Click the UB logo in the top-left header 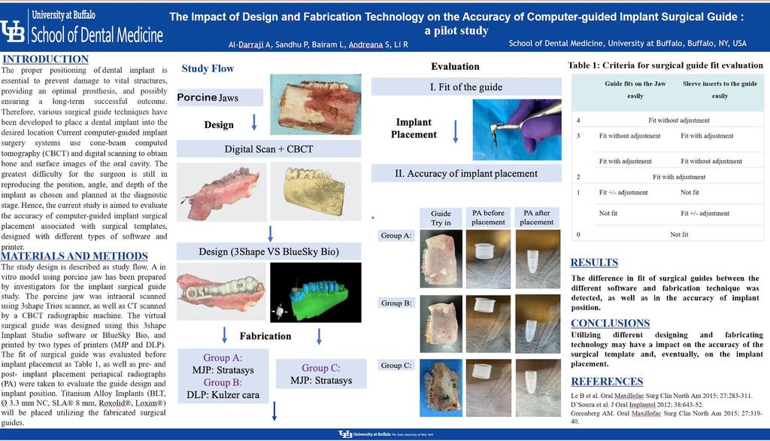[x=12, y=31]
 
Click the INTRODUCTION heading [x=45, y=59]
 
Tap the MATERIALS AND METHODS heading [x=74, y=256]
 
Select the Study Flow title [x=208, y=68]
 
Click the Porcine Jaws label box [x=220, y=97]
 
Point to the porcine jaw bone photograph [x=316, y=104]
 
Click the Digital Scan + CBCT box [x=268, y=149]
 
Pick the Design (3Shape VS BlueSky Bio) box [x=268, y=251]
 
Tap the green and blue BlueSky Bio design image [x=316, y=293]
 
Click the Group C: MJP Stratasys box [x=321, y=374]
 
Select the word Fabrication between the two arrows [x=265, y=336]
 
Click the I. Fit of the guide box [x=466, y=87]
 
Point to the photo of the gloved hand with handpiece [x=517, y=129]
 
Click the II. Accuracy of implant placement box [x=466, y=174]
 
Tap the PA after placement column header [x=537, y=217]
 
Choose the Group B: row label [x=396, y=303]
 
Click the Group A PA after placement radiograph [x=538, y=259]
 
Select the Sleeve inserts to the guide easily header [x=720, y=90]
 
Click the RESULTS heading [x=594, y=263]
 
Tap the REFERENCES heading [x=607, y=382]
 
